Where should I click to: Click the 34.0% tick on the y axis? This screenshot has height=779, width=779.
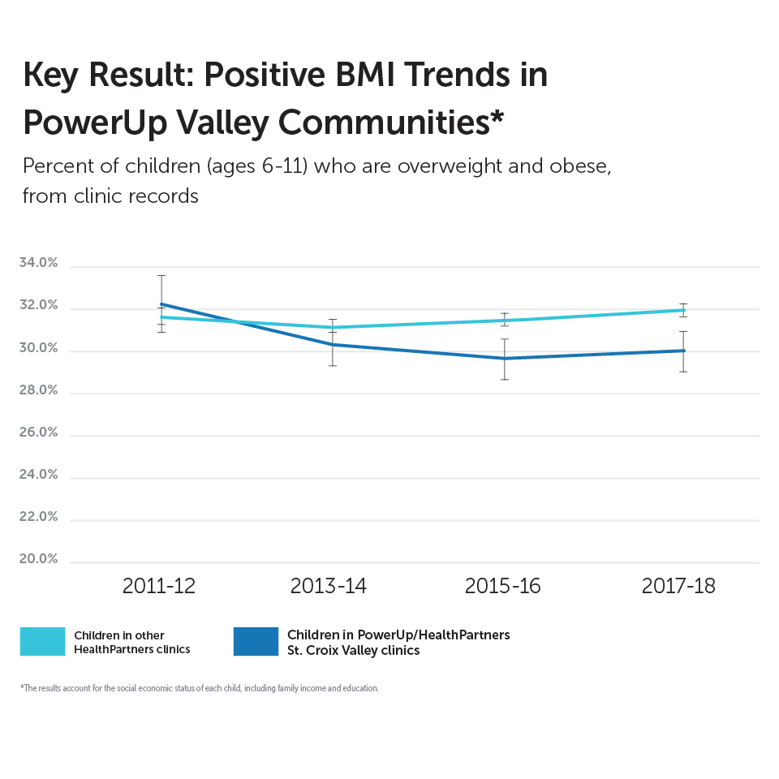[38, 264]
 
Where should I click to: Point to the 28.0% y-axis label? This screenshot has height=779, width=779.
[38, 390]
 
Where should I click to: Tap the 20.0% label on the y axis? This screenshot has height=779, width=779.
[38, 559]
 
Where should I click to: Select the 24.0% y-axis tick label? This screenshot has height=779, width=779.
[38, 475]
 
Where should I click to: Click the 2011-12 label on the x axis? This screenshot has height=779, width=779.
[159, 586]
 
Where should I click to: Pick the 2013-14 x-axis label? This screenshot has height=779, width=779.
[329, 586]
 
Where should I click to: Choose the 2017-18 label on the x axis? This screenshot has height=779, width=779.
[678, 586]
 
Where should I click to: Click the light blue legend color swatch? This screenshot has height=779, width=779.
[42, 641]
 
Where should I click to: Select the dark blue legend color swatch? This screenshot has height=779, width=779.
[255, 641]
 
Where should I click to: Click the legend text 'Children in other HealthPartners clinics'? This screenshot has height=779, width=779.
[131, 641]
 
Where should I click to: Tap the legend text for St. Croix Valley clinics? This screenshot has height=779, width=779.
[398, 642]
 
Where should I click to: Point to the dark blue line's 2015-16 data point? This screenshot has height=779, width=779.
[505, 358]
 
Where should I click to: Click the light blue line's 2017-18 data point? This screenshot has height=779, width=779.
[683, 310]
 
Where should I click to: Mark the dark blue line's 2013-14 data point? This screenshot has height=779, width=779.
[331, 344]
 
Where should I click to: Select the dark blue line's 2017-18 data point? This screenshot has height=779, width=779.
[683, 351]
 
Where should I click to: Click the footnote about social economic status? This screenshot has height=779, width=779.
[200, 688]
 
